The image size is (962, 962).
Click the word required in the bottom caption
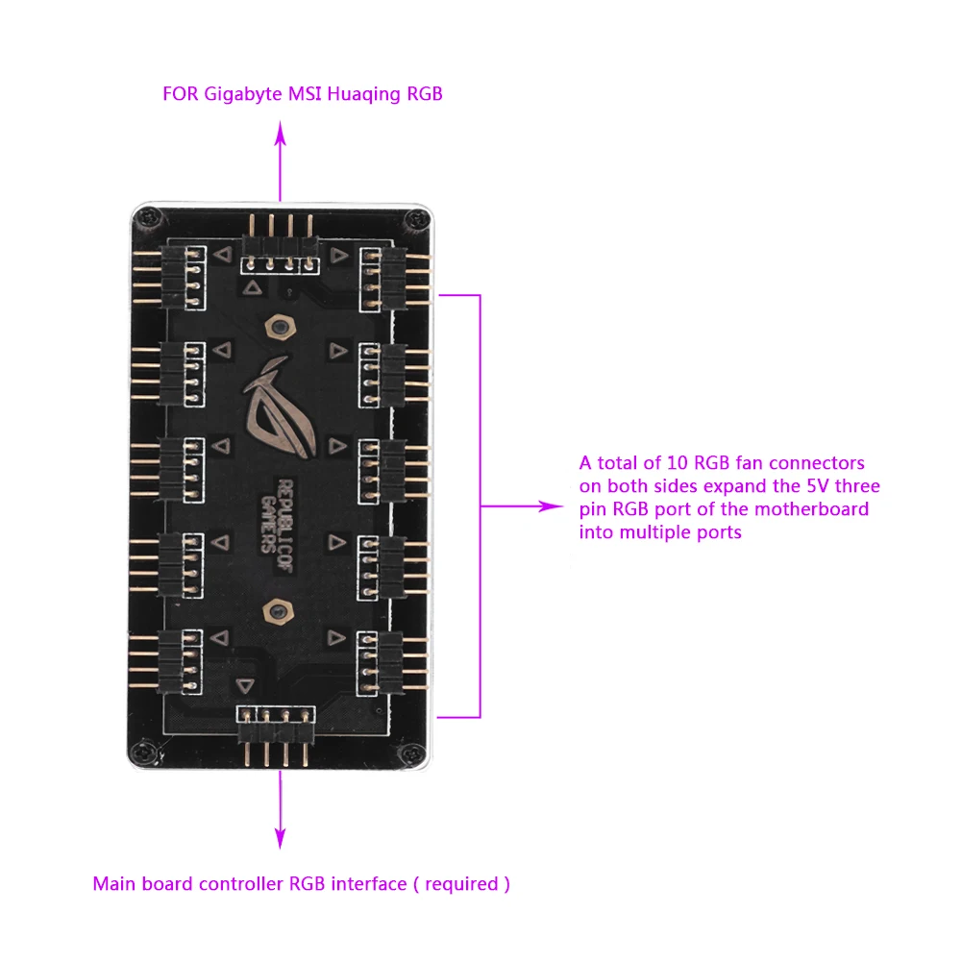pos(461,883)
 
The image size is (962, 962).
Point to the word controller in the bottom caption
pos(241,883)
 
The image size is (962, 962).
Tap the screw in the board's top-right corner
pos(413,220)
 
